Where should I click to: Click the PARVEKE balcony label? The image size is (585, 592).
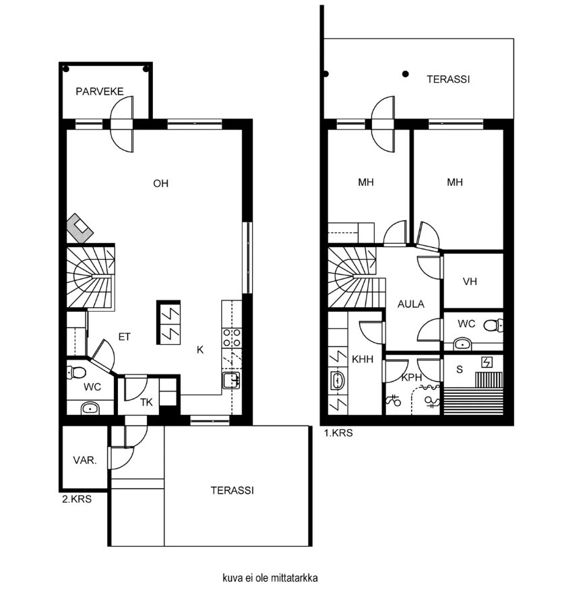coord(99,92)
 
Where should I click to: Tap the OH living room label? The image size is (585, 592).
coord(160,183)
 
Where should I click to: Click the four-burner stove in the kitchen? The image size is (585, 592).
coord(232,337)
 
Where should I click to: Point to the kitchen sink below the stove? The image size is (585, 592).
coord(231,381)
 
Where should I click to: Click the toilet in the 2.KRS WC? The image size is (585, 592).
coord(76,373)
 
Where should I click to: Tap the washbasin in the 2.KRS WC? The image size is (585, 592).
coord(90,408)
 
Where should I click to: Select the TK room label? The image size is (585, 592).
coord(146,403)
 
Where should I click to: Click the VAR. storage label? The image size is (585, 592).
coord(85,460)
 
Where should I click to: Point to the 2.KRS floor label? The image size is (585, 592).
coord(77,499)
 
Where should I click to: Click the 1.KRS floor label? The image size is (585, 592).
coord(338,433)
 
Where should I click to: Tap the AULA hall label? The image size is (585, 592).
coord(411,304)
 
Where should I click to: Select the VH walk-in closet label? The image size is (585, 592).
coord(470,282)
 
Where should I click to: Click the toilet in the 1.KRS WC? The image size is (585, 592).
coord(493,325)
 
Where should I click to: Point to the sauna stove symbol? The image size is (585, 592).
coord(487,362)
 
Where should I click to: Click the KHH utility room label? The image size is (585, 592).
coord(363,359)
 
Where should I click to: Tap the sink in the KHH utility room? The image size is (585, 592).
coord(337,381)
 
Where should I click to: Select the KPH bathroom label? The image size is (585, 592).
coord(411,377)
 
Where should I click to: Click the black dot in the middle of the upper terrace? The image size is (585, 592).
coord(406,74)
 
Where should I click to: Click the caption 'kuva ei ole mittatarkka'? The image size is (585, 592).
coord(270,578)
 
